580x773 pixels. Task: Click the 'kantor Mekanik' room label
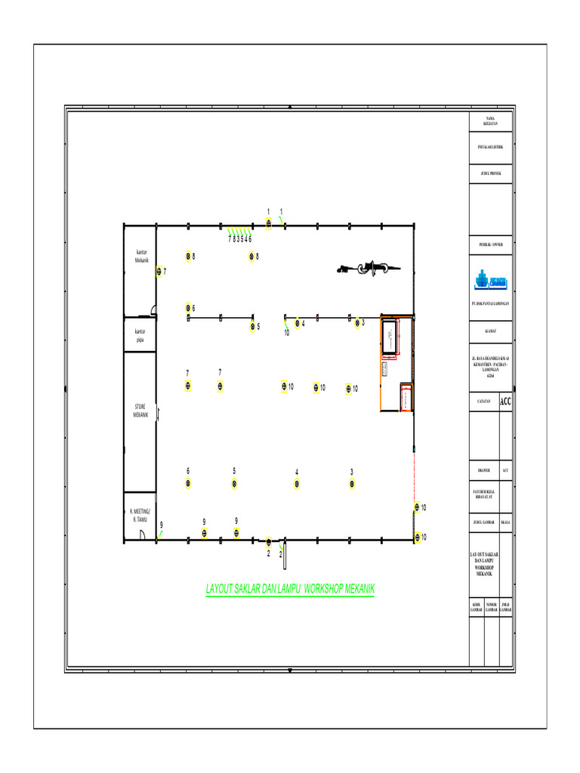pos(142,255)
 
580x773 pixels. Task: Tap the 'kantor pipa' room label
pos(140,335)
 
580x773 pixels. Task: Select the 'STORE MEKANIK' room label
pos(140,411)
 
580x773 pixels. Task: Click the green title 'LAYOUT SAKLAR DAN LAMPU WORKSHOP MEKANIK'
pos(290,589)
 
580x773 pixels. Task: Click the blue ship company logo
pos(490,280)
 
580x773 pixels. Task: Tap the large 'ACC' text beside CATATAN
pos(505,402)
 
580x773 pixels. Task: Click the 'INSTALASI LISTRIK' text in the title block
pos(490,146)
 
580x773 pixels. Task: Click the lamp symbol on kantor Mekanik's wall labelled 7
pos(159,272)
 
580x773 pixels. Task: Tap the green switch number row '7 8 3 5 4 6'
pos(239,239)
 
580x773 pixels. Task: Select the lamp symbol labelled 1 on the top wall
pos(269,223)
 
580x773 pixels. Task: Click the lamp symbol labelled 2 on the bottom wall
pos(269,541)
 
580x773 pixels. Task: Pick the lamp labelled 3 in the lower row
pos(352,484)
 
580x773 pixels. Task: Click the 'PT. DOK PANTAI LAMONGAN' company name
pos(490,303)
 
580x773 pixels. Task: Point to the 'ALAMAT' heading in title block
pos(490,330)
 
